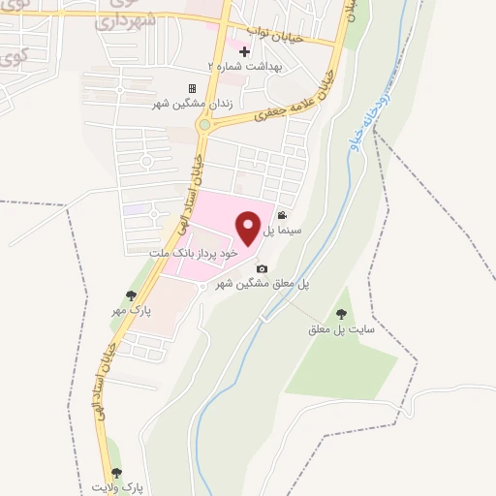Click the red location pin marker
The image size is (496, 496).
click(x=249, y=227)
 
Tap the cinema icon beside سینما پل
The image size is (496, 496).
click(x=281, y=216)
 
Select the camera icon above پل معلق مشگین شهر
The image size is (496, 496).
click(x=260, y=269)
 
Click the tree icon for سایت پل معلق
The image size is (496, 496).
click(x=340, y=314)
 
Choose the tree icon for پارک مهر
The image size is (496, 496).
click(x=131, y=295)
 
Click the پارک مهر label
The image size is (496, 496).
click(x=133, y=311)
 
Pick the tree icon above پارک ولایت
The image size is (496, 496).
click(x=117, y=473)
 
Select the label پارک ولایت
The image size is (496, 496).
click(x=117, y=487)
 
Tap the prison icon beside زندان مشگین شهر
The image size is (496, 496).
click(x=192, y=89)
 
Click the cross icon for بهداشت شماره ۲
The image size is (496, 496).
click(x=243, y=49)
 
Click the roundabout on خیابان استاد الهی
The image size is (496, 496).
click(x=204, y=124)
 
